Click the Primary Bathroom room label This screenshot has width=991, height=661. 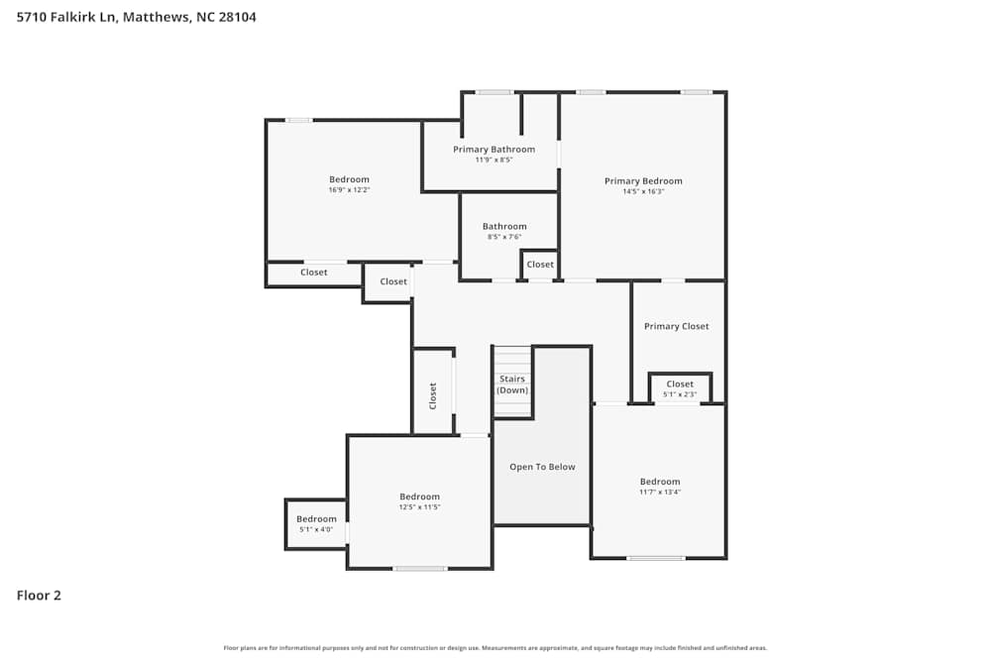coord(494,150)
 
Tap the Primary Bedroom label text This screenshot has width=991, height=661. coord(643,181)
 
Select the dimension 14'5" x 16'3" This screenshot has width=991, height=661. coord(643,191)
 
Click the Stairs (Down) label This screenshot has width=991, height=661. coord(512,385)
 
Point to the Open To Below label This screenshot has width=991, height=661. coord(542,467)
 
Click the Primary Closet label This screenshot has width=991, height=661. coord(676,326)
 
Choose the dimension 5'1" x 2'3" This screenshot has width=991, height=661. coord(680,394)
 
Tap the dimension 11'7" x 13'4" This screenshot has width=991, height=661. coord(660,492)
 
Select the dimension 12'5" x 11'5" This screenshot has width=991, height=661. coord(419,506)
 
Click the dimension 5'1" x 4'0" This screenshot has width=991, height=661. coord(316,529)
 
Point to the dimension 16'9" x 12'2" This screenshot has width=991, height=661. coord(349,189)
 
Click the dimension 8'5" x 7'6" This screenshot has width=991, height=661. coord(504,237)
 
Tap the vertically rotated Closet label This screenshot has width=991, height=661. coord(433,395)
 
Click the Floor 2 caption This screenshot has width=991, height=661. coord(39,596)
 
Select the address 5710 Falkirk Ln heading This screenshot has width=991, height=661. coord(67,17)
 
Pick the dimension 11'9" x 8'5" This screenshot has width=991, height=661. coord(494,160)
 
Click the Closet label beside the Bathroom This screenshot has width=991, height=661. coord(540,265)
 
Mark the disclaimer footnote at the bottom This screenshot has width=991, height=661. coord(495,648)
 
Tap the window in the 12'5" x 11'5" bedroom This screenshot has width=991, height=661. coord(419,568)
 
